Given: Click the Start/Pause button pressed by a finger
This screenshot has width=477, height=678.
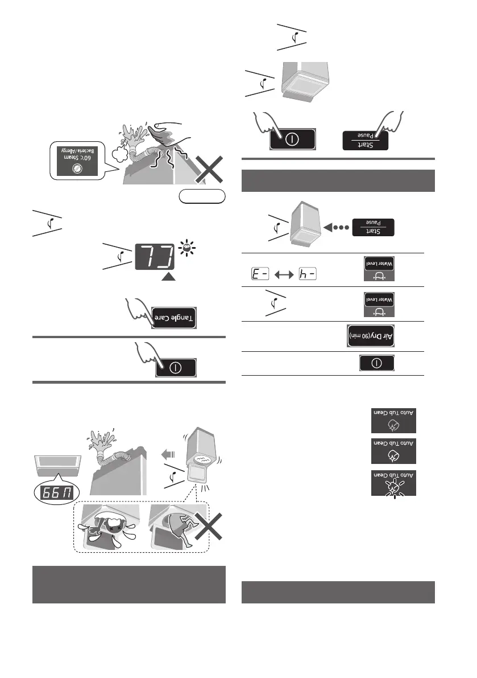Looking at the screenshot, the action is click(365, 138).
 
